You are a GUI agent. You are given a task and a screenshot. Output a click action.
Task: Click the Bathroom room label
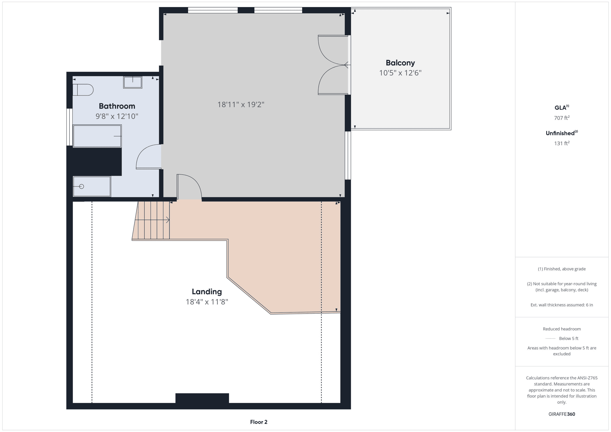[117, 106]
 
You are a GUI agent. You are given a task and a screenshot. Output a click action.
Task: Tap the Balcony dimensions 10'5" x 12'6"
[400, 73]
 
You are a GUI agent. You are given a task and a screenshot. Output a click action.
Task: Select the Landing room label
[207, 292]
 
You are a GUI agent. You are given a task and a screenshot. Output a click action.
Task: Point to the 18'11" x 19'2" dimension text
[241, 105]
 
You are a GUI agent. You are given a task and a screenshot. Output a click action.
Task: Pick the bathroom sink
[133, 82]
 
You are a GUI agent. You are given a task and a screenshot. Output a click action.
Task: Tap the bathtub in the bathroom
[97, 136]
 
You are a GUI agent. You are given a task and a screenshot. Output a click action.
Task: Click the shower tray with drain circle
[92, 186]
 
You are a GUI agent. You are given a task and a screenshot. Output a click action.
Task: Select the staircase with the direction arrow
[151, 220]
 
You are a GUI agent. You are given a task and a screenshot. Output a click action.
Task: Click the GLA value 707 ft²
[562, 118]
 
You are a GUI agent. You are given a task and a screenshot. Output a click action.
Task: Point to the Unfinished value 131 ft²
[562, 143]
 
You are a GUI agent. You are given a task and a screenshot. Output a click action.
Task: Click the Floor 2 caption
[259, 422]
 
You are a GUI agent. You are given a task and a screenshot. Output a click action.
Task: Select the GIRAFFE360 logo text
[562, 414]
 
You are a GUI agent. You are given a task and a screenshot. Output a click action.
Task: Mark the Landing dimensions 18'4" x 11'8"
[207, 302]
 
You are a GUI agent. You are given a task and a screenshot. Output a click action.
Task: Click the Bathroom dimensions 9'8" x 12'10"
[117, 116]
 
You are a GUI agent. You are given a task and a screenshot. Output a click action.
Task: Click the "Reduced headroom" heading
[562, 329]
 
